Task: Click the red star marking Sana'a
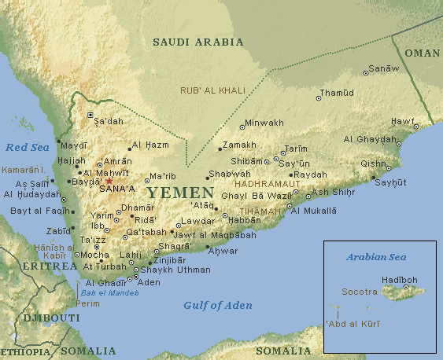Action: pos(109,180)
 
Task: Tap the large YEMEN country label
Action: pos(180,193)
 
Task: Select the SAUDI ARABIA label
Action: pos(198,42)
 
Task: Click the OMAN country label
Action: pos(423,53)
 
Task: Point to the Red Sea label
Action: pos(27,147)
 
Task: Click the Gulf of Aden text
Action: pos(218,305)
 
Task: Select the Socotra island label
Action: pos(359,291)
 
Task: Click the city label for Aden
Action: pos(149,282)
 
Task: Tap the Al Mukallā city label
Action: pos(313,211)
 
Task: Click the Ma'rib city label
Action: pos(163,175)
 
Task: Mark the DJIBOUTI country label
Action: pos(51,318)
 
